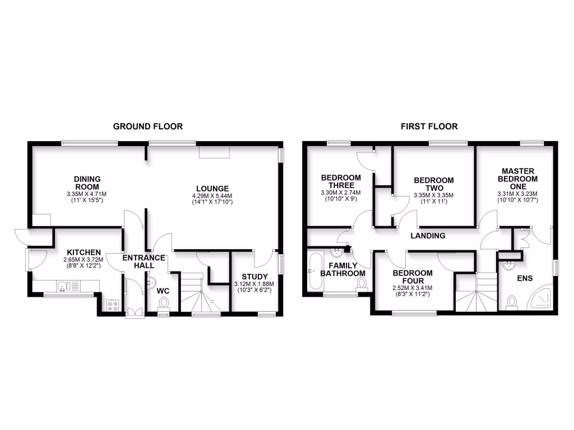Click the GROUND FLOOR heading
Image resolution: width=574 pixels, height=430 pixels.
[x=148, y=127]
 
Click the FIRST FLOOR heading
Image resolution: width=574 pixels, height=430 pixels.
[x=429, y=127]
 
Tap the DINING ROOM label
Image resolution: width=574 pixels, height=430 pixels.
[x=87, y=183]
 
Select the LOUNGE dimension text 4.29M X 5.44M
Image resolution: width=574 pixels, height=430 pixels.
[x=212, y=196]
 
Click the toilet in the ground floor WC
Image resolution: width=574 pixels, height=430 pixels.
[x=164, y=303]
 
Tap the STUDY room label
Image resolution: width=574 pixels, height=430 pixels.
[x=255, y=277]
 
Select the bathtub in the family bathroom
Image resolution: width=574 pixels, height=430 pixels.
[x=314, y=272]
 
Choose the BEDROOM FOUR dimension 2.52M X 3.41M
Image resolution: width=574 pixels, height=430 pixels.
[x=412, y=288]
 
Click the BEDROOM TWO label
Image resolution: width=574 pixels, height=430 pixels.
[x=433, y=184]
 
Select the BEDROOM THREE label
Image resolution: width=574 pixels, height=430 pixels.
[x=341, y=181]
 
